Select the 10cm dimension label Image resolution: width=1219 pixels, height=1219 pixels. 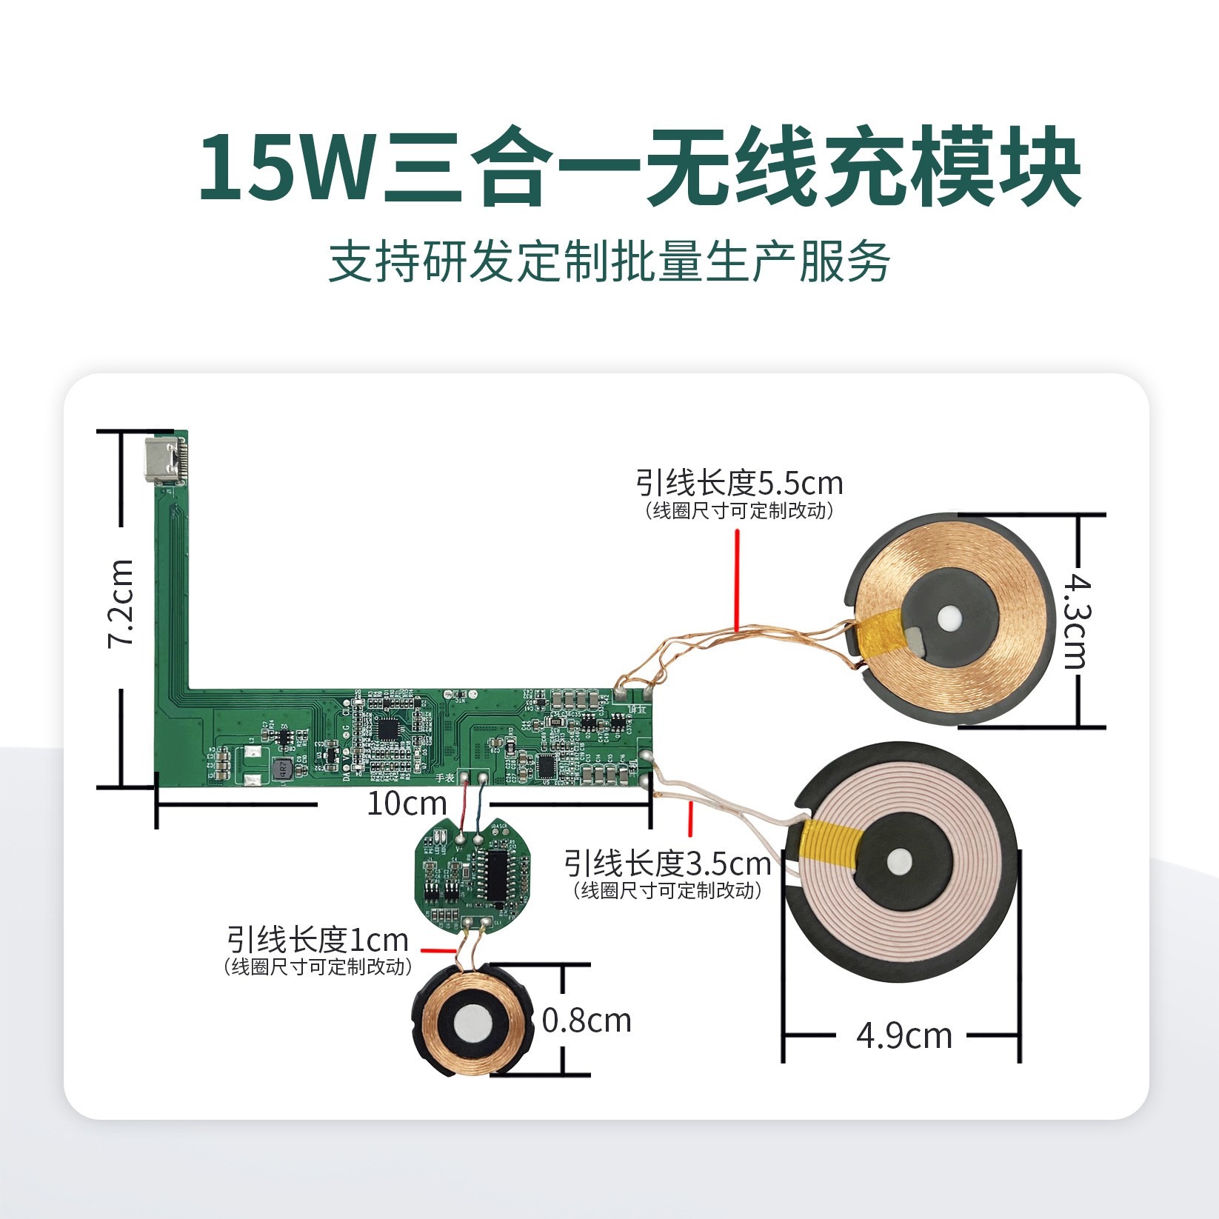coord(407,804)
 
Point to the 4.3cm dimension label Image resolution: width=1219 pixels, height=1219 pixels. coord(1079,623)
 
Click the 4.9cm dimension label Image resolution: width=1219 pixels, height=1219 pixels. coord(904,1035)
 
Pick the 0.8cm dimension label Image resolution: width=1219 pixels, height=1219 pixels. coord(587,1021)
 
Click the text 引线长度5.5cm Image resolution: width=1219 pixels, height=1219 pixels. coord(739,484)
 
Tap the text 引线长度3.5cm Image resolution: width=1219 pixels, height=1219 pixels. coord(667,863)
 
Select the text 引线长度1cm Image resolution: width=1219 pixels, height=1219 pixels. coord(318,941)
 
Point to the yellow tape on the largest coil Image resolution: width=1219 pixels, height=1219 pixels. coord(835,844)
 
